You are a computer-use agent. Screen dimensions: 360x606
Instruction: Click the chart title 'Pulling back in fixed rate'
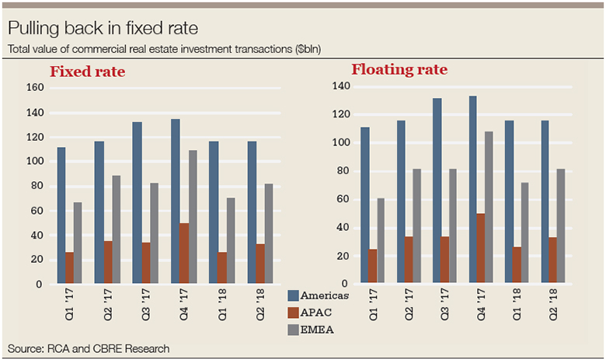(x=103, y=30)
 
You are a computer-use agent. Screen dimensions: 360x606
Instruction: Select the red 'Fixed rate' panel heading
(x=88, y=72)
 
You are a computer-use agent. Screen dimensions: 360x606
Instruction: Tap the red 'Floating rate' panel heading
(x=399, y=69)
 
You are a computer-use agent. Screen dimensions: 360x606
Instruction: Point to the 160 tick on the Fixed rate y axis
(x=35, y=87)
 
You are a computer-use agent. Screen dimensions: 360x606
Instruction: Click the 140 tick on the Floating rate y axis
(x=342, y=86)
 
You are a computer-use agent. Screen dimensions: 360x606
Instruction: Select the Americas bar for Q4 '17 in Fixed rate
(x=176, y=201)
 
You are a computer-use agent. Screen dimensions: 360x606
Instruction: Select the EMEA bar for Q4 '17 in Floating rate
(x=489, y=207)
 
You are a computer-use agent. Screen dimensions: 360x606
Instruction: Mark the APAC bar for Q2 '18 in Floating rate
(x=552, y=260)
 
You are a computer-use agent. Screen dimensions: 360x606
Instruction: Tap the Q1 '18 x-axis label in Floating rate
(x=514, y=299)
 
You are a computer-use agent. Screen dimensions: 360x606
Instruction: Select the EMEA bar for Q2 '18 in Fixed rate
(x=269, y=234)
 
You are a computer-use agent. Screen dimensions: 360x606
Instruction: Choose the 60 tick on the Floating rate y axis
(x=345, y=199)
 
